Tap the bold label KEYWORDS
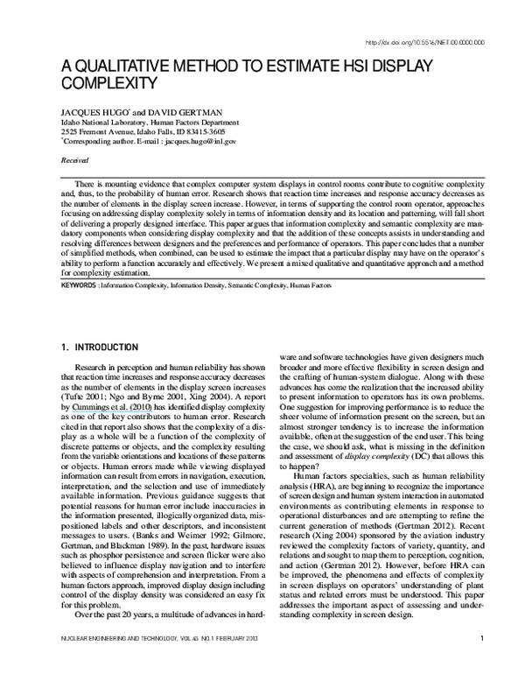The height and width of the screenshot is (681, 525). tap(79, 285)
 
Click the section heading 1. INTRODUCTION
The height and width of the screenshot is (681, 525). tap(100, 348)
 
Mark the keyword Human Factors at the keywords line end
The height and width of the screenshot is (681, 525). tap(312, 285)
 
